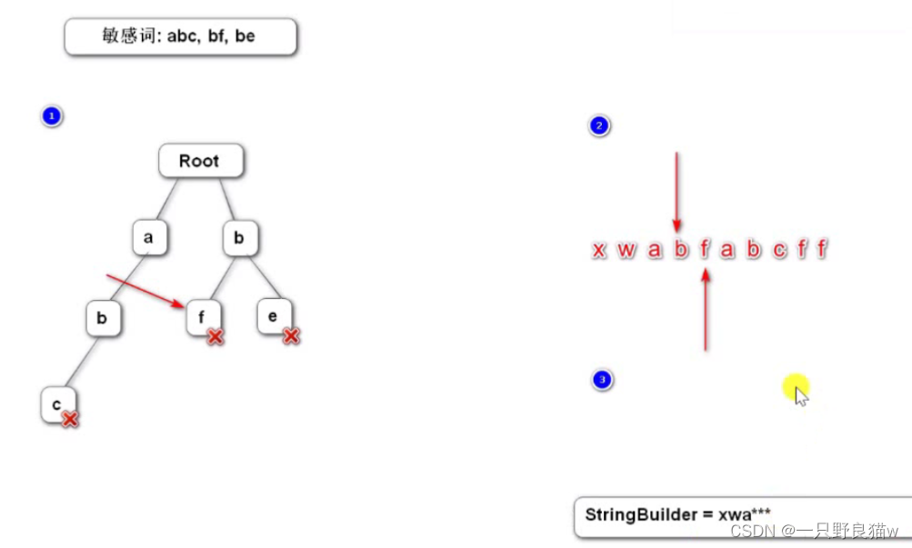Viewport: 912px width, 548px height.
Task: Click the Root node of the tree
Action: pos(201,161)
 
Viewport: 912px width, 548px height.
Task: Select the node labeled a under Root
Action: pos(147,238)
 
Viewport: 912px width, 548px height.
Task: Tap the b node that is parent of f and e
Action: pos(240,238)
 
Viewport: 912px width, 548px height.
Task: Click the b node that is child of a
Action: pos(103,318)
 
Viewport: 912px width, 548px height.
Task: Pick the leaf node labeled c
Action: pos(56,403)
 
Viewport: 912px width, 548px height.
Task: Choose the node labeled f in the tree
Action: pos(202,317)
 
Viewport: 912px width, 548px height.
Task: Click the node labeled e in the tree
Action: pos(273,316)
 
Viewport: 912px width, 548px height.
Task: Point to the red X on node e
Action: pos(291,336)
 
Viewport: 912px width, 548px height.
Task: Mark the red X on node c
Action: pos(69,419)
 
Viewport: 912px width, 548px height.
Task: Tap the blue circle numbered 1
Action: pos(52,116)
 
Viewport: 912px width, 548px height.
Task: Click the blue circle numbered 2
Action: pos(598,126)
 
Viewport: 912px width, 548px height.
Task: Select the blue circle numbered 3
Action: pos(601,380)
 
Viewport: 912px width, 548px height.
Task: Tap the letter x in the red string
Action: pos(598,250)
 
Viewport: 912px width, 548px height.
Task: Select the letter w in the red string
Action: pos(626,250)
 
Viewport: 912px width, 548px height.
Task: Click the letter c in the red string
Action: pos(779,250)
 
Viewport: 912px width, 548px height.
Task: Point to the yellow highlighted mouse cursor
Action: pos(797,391)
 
